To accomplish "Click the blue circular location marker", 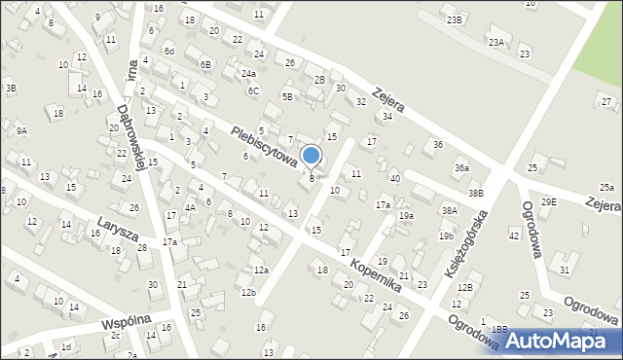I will [311, 155].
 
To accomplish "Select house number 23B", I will [454, 20].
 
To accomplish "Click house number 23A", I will [496, 42].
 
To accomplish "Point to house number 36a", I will [461, 168].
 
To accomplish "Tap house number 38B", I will [475, 194].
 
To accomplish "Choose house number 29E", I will [549, 201].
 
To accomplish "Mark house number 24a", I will [249, 74].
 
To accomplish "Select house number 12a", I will [261, 270].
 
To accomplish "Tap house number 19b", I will [446, 236].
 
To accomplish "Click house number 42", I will [514, 235].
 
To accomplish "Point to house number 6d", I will [169, 51].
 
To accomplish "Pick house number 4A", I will [191, 207].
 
